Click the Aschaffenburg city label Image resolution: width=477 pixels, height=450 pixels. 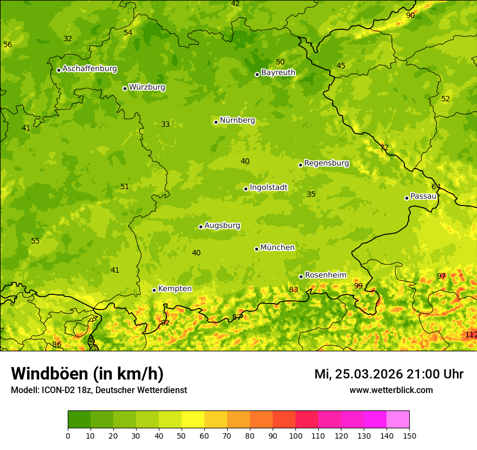89,69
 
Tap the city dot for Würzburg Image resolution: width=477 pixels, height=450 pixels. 125,88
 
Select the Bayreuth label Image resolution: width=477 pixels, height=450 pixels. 278,72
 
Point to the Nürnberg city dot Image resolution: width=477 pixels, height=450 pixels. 216,122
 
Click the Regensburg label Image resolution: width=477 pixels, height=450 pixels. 326,163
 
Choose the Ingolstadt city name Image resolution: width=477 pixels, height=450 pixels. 268,188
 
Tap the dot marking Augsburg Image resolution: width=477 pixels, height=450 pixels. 201,227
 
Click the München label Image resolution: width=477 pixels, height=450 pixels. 277,247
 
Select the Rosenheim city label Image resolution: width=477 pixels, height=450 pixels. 325,275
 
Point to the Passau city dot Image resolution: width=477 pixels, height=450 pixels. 407,198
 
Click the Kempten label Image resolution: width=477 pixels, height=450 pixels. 175,288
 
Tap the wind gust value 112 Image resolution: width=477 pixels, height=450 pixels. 470,335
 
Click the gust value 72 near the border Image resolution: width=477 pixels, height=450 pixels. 384,148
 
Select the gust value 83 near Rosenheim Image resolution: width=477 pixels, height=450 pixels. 293,290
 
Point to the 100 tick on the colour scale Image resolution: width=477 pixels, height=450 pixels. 295,435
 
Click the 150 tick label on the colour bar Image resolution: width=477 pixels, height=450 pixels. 409,435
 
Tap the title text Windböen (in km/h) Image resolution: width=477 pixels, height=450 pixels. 87,374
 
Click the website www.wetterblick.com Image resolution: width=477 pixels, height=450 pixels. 391,390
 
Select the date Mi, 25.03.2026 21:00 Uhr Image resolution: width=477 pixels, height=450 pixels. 389,374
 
